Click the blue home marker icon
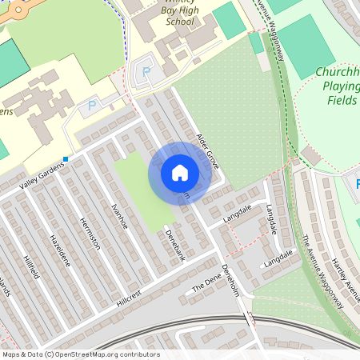(180, 173)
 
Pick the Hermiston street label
(90, 235)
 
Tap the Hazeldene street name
(61, 250)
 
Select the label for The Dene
(205, 284)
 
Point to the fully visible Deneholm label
(230, 280)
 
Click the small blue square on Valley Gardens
(66, 159)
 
